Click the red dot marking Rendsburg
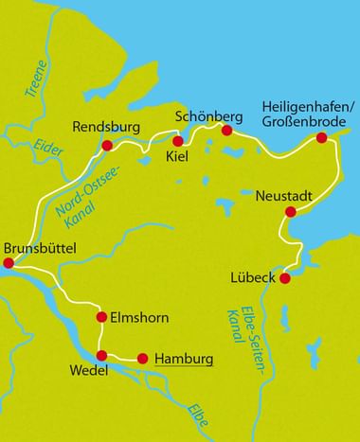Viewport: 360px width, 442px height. (x=107, y=146)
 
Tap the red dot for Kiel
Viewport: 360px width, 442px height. (x=177, y=141)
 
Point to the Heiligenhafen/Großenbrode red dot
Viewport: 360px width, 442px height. (x=321, y=138)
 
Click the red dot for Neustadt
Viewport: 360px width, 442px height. (x=290, y=212)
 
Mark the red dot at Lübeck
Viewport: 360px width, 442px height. (x=283, y=278)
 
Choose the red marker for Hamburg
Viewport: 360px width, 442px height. (x=143, y=358)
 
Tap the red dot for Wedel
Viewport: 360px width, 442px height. (x=101, y=356)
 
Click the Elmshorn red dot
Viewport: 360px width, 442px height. (x=101, y=317)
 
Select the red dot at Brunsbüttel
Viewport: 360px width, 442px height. (x=9, y=264)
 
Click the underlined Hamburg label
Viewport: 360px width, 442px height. (x=183, y=359)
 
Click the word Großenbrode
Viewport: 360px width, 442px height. (x=304, y=122)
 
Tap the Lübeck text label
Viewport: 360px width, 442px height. (x=253, y=277)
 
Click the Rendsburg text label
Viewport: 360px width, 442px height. (x=107, y=126)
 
